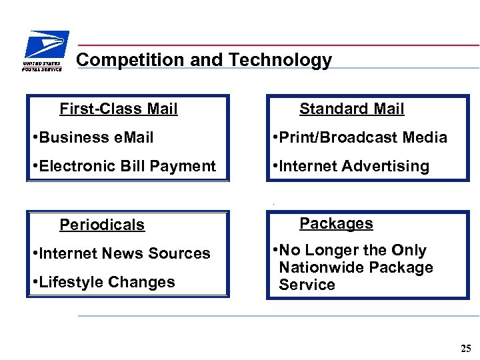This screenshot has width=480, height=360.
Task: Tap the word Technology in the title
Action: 280,60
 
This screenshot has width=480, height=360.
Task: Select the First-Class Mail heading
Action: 119,109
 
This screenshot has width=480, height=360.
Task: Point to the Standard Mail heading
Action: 351,109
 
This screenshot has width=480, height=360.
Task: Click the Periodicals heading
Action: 102,225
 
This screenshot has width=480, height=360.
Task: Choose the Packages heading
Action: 336,223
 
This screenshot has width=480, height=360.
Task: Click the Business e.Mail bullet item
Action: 93,137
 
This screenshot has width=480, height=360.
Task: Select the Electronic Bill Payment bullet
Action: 124,166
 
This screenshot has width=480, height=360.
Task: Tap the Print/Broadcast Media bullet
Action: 360,137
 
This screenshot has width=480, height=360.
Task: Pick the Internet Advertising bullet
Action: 351,166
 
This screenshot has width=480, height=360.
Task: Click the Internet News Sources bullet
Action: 121,253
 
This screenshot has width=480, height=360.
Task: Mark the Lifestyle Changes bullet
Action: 103,282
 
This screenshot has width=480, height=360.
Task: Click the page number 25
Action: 465,348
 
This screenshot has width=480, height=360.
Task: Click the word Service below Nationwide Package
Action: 307,285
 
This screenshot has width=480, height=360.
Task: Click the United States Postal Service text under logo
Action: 42,66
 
